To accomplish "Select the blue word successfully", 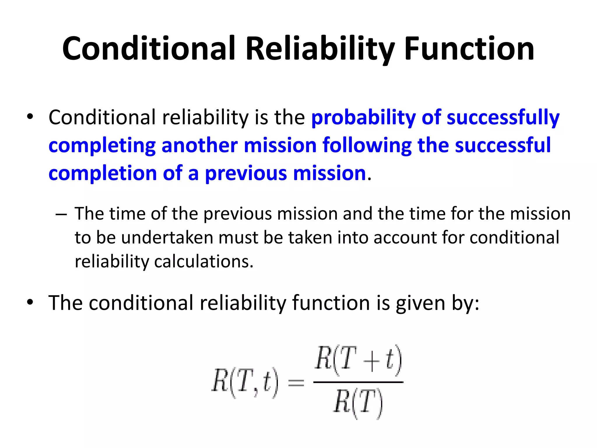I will (x=503, y=118).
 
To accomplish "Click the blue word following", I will (x=367, y=146).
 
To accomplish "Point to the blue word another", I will (x=199, y=146).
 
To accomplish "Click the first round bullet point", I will (x=30, y=117).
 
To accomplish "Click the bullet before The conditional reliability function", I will (x=30, y=302).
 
